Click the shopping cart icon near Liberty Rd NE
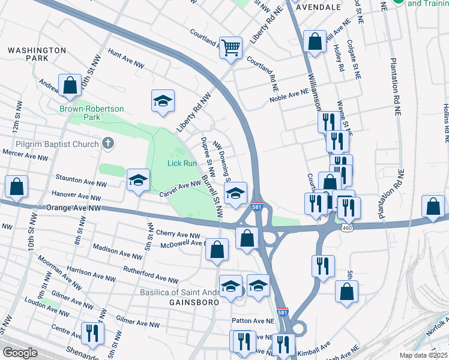231,47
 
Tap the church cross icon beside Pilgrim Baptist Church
107,143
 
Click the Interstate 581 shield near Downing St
256,207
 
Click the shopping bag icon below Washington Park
70,86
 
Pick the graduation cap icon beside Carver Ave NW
138,181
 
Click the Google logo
20,353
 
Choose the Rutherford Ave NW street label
151,275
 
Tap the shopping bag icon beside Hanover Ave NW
16,187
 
